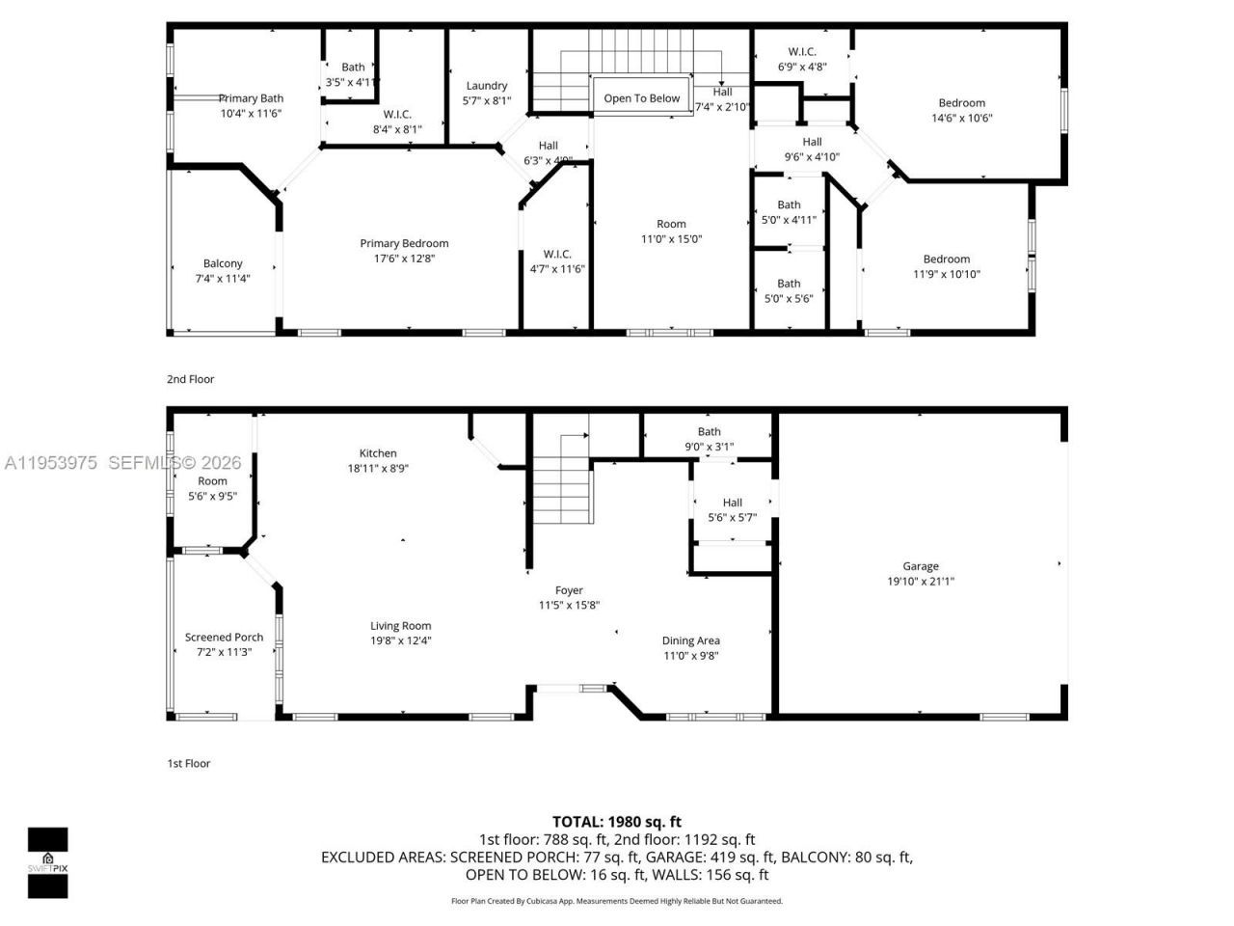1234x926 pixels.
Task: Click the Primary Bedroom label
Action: [404, 244]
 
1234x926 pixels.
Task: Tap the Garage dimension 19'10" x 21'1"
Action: [921, 582]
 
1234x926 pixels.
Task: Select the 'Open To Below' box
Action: [641, 98]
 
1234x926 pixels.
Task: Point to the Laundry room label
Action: [486, 86]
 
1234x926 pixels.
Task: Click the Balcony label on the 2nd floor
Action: [223, 263]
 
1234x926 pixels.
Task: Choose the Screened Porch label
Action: [224, 638]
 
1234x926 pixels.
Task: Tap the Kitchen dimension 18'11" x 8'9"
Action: [378, 468]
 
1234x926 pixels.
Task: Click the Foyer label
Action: [569, 590]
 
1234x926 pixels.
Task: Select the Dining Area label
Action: [690, 640]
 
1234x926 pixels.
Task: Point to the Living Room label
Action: [400, 626]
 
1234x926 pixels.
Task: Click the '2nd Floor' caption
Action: [191, 379]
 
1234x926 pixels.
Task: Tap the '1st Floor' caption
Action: [189, 763]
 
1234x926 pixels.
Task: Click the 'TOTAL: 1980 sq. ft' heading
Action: [617, 822]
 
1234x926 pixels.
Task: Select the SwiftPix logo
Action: [47, 862]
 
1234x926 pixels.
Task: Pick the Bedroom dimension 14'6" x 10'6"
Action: [961, 119]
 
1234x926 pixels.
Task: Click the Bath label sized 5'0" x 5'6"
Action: [789, 284]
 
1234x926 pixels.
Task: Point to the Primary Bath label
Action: [251, 98]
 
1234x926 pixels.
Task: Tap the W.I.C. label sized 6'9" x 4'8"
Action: [801, 52]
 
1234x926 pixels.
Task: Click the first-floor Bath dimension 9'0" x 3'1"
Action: [709, 447]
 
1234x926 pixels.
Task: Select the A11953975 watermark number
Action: [51, 463]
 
